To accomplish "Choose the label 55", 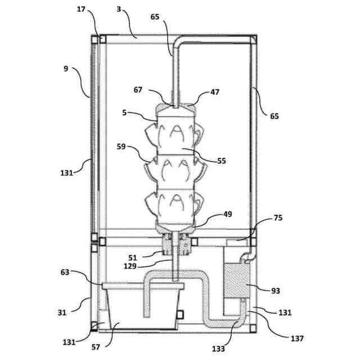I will tap(222, 161).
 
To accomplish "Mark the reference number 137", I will tap(298, 339).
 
